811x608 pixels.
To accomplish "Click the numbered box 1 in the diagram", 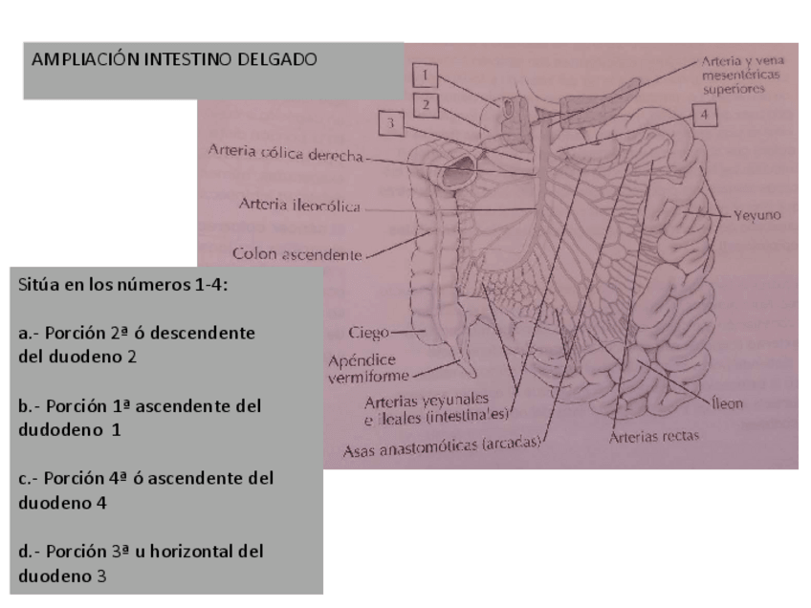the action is pyautogui.click(x=428, y=74).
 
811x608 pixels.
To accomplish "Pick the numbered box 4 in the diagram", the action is pyautogui.click(x=703, y=114).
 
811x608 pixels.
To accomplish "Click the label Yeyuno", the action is pyautogui.click(x=757, y=215).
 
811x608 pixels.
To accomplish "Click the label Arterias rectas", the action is pyautogui.click(x=656, y=438).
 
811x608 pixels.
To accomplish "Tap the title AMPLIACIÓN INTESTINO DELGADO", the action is pyautogui.click(x=174, y=59).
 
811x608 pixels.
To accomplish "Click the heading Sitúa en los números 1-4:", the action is pyautogui.click(x=111, y=285).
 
